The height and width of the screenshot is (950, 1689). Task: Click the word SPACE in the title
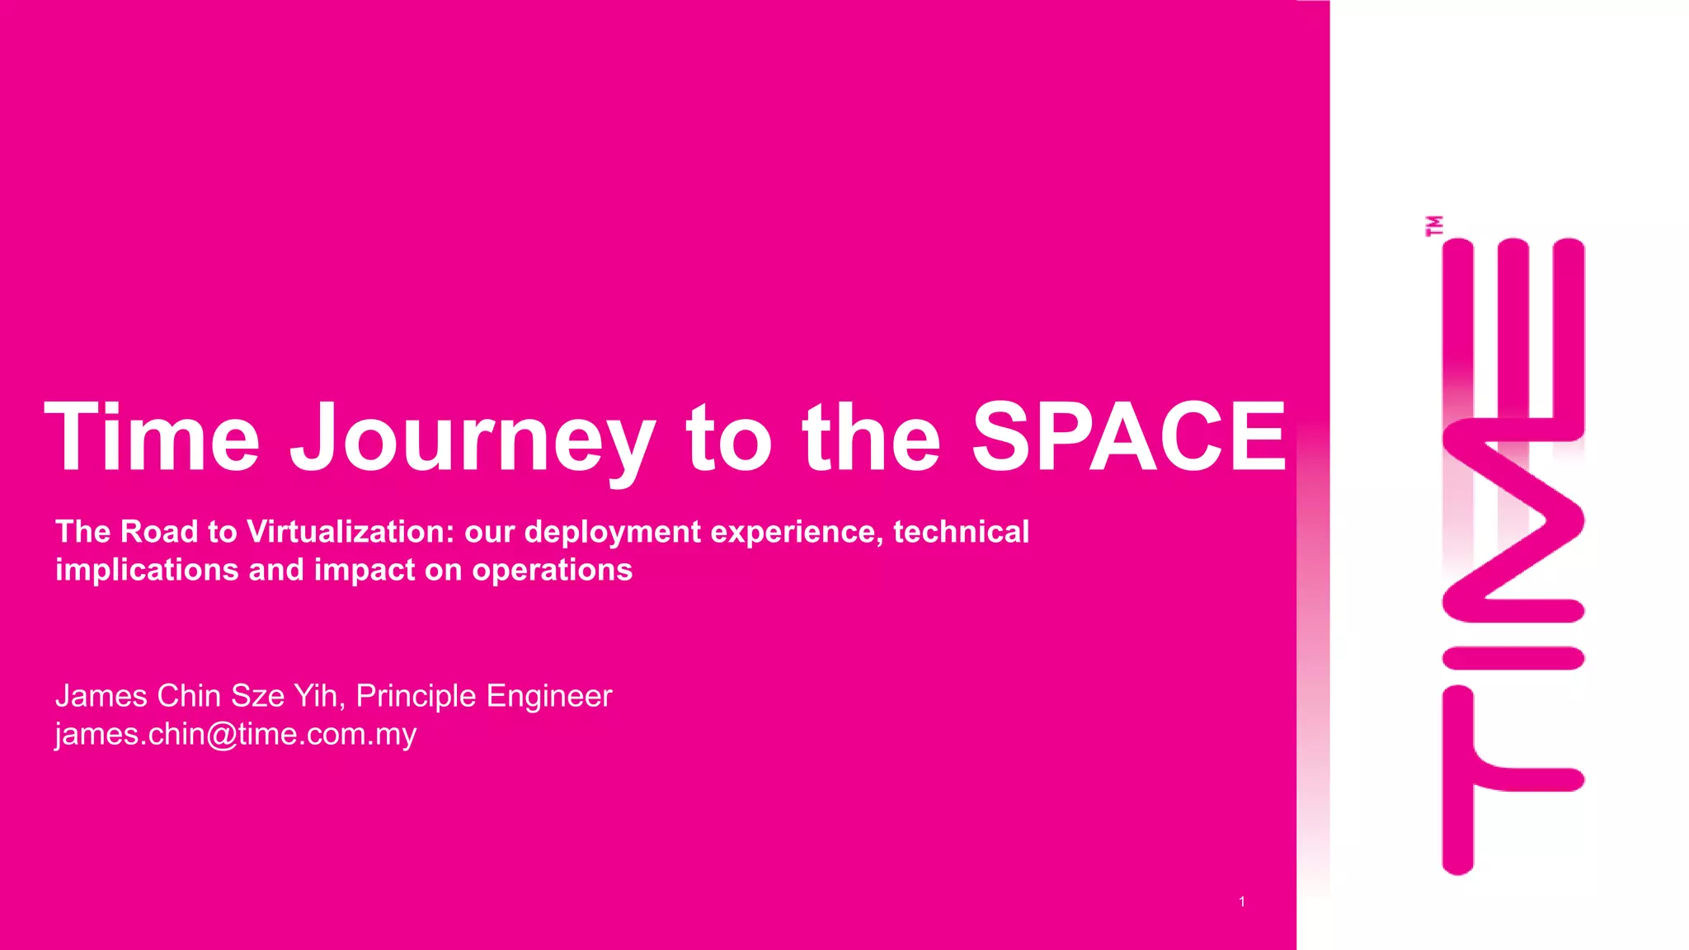coord(1128,436)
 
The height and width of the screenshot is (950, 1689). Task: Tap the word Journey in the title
coord(473,439)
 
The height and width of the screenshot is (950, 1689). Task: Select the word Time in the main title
coord(153,436)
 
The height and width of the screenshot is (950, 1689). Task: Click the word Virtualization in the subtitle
coord(351,532)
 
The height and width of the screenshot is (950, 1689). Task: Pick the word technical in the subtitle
coord(961,532)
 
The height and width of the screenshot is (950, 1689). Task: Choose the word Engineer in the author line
coord(548,697)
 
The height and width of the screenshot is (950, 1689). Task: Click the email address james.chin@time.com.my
coord(236,734)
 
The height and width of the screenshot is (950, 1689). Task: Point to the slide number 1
coord(1242,902)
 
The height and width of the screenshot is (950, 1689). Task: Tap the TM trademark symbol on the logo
coord(1434,226)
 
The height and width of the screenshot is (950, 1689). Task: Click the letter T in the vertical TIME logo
coord(1484,779)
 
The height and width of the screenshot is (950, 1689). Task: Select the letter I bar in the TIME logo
coord(1513,658)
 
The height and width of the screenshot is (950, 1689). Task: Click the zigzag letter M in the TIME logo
coord(1514,520)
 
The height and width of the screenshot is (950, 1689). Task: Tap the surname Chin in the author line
coord(189,696)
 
